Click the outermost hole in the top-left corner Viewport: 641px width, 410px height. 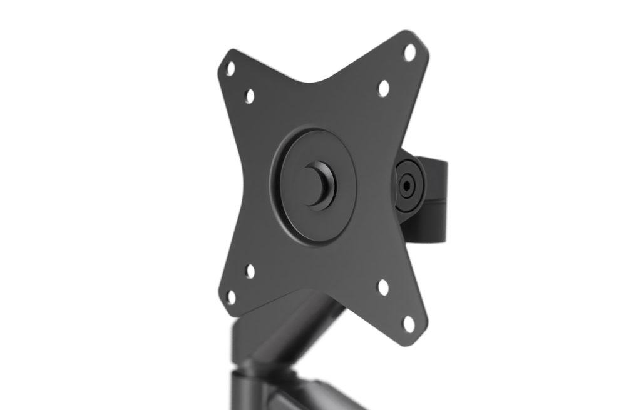tap(230, 68)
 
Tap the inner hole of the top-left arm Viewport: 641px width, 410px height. tap(250, 96)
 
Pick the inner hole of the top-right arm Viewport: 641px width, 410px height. tap(384, 88)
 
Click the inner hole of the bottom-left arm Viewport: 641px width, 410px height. tap(250, 271)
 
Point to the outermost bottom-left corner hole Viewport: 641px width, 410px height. tap(231, 297)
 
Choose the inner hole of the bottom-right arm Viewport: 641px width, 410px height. tap(383, 287)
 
